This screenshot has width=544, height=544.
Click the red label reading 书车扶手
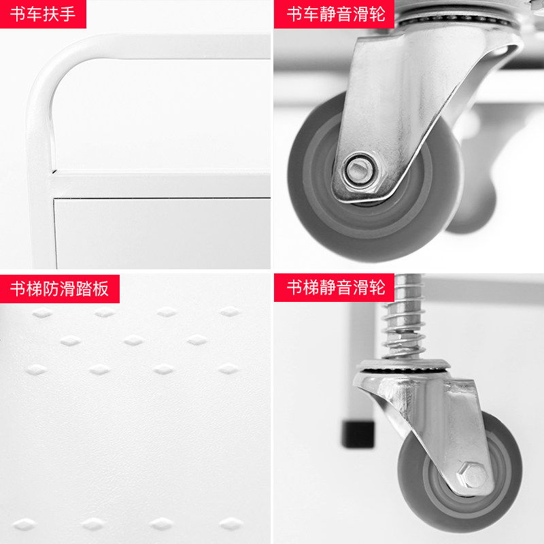(x=43, y=14)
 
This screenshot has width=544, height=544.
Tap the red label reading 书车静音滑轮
(x=334, y=14)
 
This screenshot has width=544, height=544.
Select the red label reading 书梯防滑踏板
(x=60, y=288)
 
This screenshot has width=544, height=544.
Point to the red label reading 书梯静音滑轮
(x=334, y=288)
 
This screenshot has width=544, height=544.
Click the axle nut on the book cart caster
(x=359, y=171)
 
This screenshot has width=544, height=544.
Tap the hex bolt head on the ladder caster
(x=473, y=475)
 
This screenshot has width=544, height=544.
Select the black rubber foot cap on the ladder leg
(x=358, y=434)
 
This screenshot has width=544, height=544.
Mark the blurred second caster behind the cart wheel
(x=475, y=184)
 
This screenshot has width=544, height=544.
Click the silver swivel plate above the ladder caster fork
(x=404, y=365)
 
